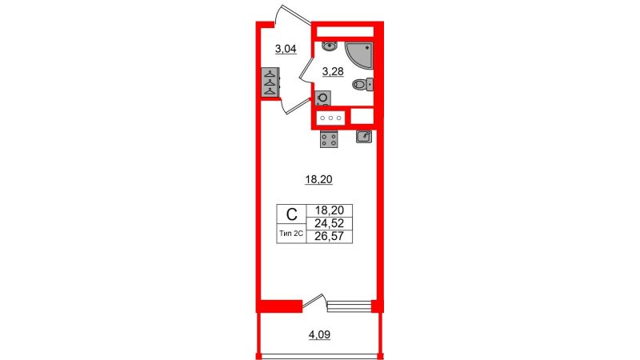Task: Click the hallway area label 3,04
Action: pyautogui.click(x=286, y=50)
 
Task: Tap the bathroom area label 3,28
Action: pyautogui.click(x=333, y=72)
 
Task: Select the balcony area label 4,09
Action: pyautogui.click(x=319, y=335)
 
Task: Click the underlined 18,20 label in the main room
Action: pyautogui.click(x=318, y=179)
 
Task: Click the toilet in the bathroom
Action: pyautogui.click(x=363, y=85)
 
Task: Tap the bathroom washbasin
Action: pyautogui.click(x=329, y=46)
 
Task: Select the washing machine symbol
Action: pyautogui.click(x=322, y=98)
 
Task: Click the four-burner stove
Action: pyautogui.click(x=329, y=139)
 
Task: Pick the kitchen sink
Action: pyautogui.click(x=364, y=137)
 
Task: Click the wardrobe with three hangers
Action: pyautogui.click(x=270, y=82)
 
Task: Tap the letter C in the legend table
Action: pyautogui.click(x=291, y=214)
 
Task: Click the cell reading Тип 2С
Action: pyautogui.click(x=291, y=234)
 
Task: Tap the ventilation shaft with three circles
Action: pyautogui.click(x=330, y=118)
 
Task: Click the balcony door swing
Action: pyautogui.click(x=314, y=302)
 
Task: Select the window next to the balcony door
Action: pyautogui.click(x=350, y=306)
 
